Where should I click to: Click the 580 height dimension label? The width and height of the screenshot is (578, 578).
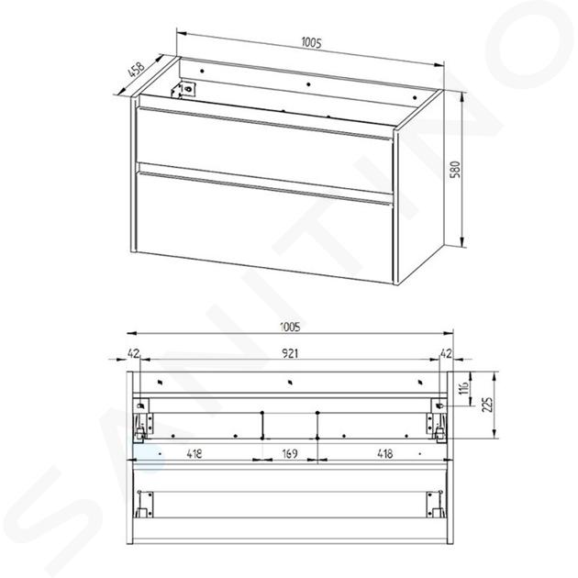pos(456,170)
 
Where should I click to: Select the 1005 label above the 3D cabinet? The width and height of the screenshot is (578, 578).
pos(312,43)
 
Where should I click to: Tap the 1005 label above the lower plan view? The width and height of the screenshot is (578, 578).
pos(290,327)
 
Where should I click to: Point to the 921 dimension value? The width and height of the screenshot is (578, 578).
pos(290,354)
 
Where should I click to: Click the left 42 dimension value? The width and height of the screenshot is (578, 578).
pos(133,354)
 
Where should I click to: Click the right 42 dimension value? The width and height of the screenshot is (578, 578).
pos(446,354)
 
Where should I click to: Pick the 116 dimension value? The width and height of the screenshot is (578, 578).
pos(465,388)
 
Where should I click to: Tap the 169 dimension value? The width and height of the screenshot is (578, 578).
pos(290,453)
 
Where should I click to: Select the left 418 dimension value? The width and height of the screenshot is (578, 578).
pos(195,453)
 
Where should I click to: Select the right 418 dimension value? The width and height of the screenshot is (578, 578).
pos(384,453)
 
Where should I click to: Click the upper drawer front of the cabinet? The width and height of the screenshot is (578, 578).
pos(264,150)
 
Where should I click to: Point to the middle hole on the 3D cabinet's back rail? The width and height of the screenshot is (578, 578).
pos(308,84)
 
